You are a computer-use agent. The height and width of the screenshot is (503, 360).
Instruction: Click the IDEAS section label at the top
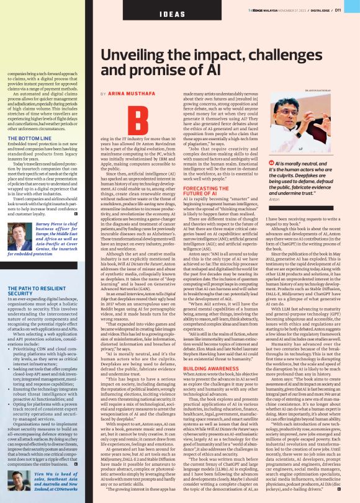coord(171,13)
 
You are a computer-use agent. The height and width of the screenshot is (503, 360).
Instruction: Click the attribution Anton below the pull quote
coord(274,199)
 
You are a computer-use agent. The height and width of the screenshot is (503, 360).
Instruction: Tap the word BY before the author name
coord(103,93)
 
